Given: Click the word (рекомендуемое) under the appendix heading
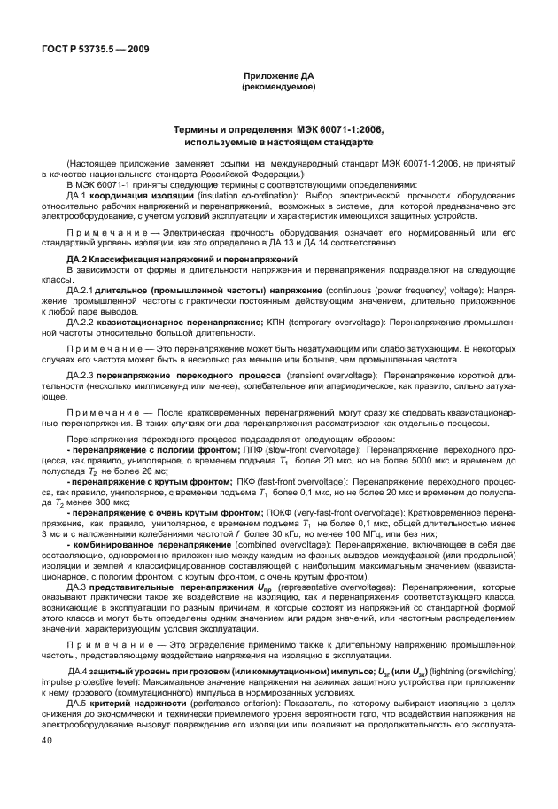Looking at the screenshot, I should [x=279, y=88].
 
